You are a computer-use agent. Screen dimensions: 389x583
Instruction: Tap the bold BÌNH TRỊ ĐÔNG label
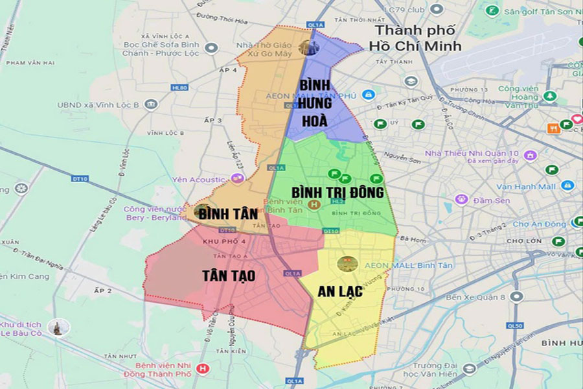(x=337, y=193)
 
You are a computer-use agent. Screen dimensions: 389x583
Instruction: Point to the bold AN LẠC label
(x=339, y=291)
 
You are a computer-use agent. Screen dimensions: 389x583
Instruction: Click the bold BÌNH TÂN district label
(x=224, y=213)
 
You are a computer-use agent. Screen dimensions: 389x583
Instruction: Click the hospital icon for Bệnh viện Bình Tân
(x=314, y=206)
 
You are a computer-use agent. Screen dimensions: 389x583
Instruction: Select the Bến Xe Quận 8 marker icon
(x=516, y=296)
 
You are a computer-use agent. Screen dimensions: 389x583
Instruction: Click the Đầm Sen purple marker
(x=461, y=200)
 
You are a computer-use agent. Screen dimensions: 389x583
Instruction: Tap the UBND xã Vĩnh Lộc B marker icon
(x=151, y=104)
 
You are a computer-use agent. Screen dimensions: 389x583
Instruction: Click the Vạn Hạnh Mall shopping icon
(x=568, y=186)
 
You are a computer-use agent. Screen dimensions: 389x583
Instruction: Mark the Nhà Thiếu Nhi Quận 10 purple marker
(x=531, y=156)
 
